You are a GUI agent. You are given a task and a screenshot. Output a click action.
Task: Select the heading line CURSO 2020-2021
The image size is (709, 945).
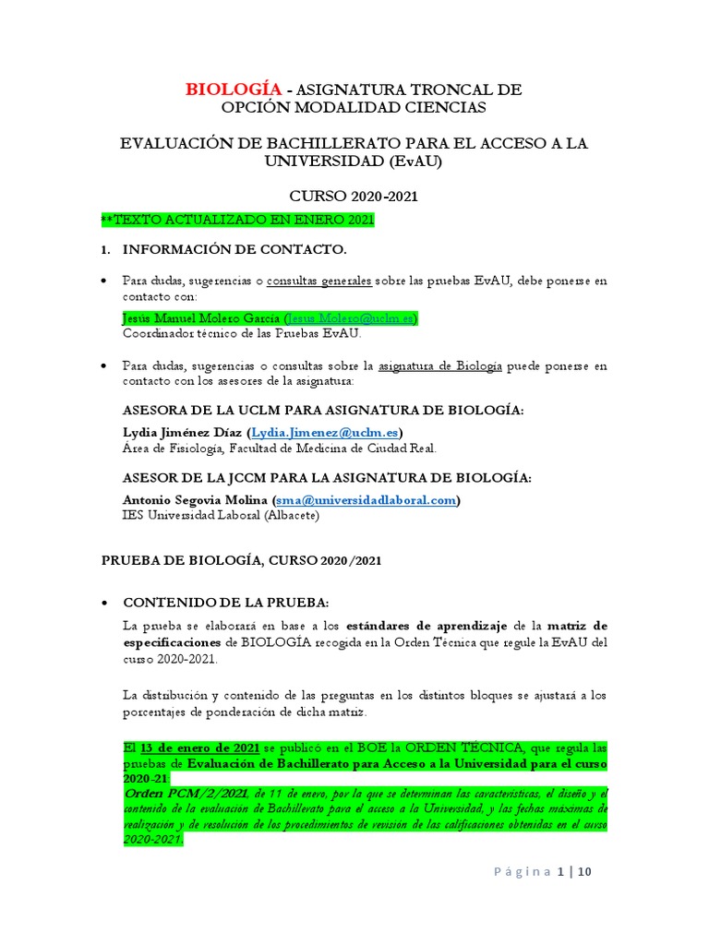354,197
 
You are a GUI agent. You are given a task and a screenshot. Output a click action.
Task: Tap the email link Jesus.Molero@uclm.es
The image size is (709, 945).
351,317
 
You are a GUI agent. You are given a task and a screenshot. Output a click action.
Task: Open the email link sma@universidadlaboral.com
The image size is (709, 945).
366,499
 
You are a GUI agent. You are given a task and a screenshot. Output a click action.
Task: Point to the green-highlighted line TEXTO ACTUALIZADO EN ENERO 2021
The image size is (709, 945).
238,220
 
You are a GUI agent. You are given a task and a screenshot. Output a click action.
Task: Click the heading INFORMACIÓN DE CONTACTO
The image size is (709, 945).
235,249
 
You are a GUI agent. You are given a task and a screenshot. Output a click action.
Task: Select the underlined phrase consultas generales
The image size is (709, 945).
318,281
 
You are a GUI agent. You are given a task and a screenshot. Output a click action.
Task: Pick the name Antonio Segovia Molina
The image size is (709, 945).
196,499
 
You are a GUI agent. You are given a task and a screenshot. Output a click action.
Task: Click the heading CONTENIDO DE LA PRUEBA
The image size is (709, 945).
226,602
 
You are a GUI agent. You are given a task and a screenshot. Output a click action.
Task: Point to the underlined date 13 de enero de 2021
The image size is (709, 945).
199,747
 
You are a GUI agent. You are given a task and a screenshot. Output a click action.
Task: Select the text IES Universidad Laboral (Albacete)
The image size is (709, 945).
221,515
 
